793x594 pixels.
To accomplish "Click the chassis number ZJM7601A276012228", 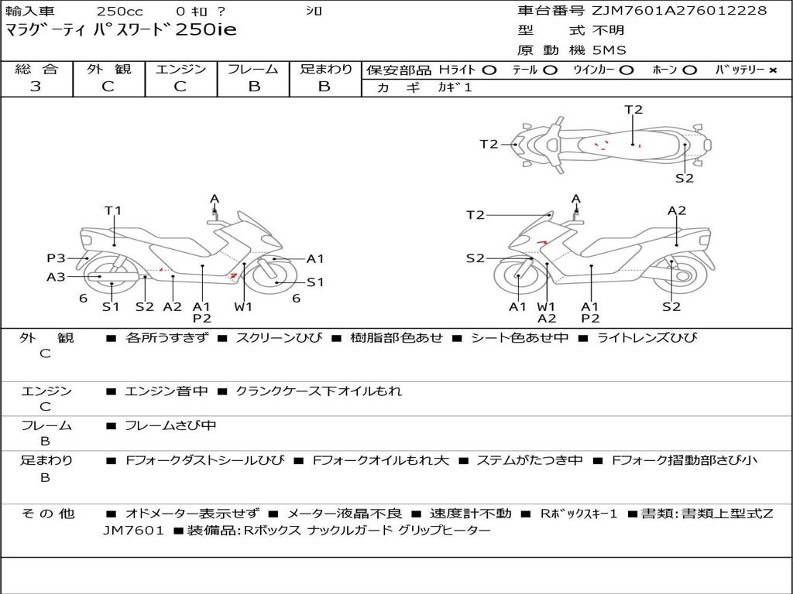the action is pyautogui.click(x=679, y=10).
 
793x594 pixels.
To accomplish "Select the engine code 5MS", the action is pyautogui.click(x=609, y=50).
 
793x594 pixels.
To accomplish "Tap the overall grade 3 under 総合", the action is pyautogui.click(x=36, y=87).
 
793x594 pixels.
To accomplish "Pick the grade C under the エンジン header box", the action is pyautogui.click(x=180, y=87).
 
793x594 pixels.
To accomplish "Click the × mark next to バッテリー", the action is pyautogui.click(x=773, y=70).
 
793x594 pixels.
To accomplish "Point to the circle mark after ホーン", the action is pyautogui.click(x=690, y=70).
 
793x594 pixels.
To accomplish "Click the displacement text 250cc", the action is pyautogui.click(x=119, y=11).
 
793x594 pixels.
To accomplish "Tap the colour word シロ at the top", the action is pyautogui.click(x=314, y=11).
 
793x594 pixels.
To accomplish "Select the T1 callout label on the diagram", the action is pyautogui.click(x=113, y=210).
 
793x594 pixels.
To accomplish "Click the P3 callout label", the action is pyautogui.click(x=56, y=258).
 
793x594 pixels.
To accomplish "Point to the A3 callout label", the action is pyautogui.click(x=56, y=277).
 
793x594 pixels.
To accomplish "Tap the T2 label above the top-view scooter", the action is pyautogui.click(x=633, y=110).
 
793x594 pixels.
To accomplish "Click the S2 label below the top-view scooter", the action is pyautogui.click(x=685, y=178).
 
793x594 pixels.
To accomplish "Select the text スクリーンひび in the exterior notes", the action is pyautogui.click(x=279, y=337).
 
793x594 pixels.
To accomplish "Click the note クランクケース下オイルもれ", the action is pyautogui.click(x=318, y=391).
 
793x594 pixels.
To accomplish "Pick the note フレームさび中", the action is pyautogui.click(x=170, y=425).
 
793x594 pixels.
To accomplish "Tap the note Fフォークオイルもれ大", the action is pyautogui.click(x=381, y=460).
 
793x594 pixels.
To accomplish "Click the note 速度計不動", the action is pyautogui.click(x=470, y=514).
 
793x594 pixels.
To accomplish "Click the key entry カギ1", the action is pyautogui.click(x=455, y=87).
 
